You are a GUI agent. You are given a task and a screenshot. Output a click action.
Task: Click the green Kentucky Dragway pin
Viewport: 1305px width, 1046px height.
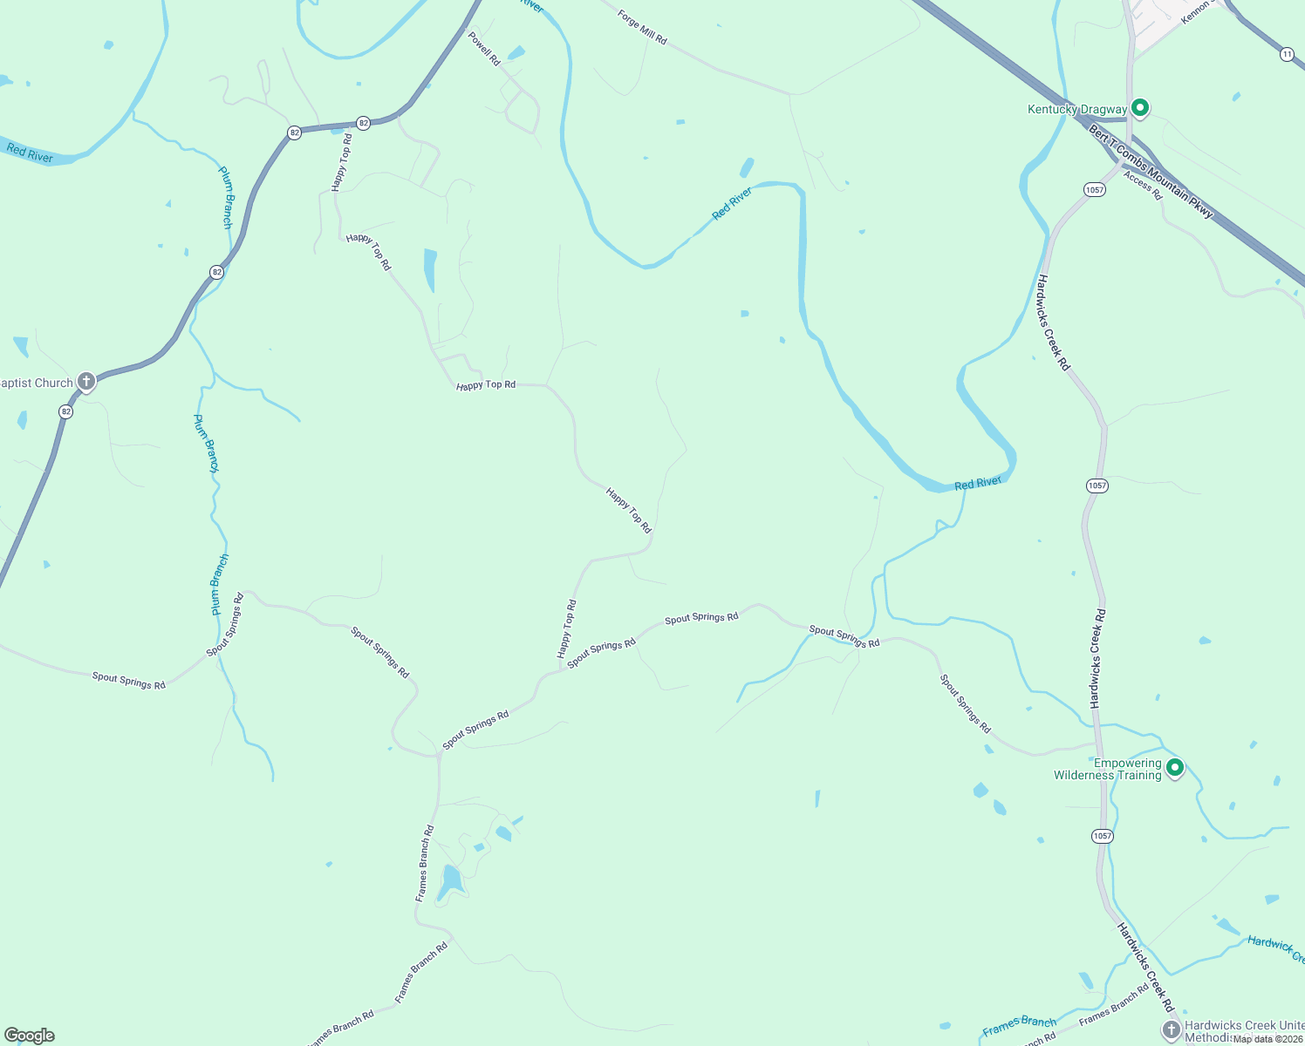coord(1139,108)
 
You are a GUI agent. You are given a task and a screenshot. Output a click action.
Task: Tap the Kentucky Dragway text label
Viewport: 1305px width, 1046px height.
coord(1076,110)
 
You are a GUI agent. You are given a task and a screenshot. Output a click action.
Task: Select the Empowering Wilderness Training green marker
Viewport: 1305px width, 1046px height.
coord(1175,768)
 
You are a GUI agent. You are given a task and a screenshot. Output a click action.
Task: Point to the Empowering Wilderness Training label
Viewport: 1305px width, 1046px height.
coord(1108,770)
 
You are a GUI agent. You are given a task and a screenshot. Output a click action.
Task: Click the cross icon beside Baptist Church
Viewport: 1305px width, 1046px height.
coord(85,381)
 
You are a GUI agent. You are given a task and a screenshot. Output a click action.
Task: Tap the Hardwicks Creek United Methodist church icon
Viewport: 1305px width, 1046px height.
coord(1171,1029)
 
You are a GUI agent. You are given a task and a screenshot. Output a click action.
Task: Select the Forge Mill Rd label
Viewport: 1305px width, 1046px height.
coord(642,28)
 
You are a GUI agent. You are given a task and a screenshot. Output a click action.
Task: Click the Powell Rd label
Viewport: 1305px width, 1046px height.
coord(484,49)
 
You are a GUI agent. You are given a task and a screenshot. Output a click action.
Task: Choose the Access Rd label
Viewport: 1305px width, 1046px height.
coord(1143,186)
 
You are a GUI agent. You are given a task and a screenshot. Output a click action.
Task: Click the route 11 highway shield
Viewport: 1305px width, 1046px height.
coord(1288,54)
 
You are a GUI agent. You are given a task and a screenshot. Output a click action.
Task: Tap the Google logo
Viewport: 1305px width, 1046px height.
coord(30,1036)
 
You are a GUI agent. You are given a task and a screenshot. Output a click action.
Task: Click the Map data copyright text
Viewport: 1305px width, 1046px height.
coord(1267,1039)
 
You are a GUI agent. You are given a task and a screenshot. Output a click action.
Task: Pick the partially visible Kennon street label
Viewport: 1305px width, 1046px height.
coord(1196,11)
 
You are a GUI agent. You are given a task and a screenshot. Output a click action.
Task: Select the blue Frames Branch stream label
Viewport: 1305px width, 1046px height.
coord(1019,1027)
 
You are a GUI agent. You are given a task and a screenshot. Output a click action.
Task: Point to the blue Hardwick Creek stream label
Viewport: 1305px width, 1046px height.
coord(1275,947)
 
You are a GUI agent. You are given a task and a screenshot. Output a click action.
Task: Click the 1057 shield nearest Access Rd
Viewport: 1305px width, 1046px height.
coord(1095,189)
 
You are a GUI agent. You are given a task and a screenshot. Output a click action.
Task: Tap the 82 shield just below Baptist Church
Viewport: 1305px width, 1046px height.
coord(65,411)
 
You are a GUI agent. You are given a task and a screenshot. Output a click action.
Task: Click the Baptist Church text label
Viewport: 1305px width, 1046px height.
coord(37,384)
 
